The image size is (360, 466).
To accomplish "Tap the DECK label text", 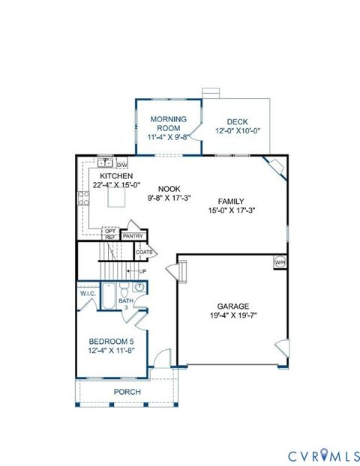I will point(237,122).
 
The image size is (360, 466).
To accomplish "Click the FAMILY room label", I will point(232,201).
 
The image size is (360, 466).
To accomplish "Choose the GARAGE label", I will point(232,306).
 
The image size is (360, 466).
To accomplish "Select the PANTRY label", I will point(133,235).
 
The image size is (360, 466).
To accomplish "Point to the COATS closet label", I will point(145,252).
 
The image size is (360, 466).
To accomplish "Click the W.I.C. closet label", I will point(88,293).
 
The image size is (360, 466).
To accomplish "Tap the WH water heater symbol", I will point(279,261).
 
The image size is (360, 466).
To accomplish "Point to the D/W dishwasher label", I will point(122,164).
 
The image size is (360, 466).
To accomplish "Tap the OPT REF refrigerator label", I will point(110,233).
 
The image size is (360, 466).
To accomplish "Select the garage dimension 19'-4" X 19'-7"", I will point(232,316).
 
